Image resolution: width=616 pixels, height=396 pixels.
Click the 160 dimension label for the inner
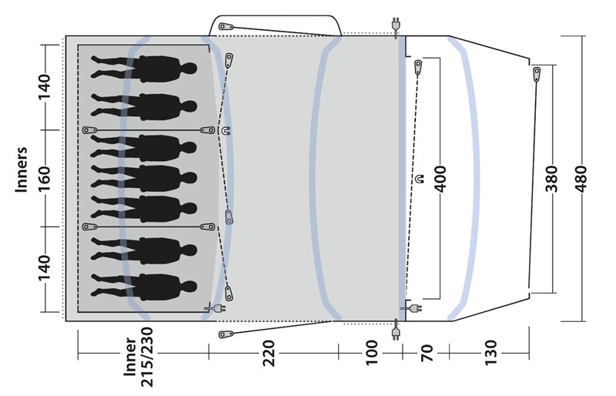(x=44, y=179)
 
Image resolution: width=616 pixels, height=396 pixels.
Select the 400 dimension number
(x=441, y=179)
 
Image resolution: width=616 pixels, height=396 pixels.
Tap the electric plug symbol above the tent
(x=397, y=25)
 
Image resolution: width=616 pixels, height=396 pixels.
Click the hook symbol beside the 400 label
(x=419, y=179)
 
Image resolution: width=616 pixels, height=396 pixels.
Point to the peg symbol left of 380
(x=536, y=75)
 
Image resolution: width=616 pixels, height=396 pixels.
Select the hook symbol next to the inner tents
(x=225, y=131)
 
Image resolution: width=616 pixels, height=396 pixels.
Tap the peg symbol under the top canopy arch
(x=226, y=26)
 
